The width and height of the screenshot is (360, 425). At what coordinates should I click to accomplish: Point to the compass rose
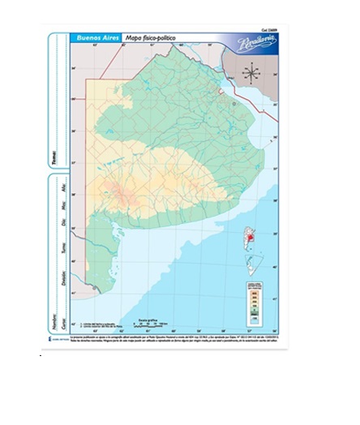pyautogui.click(x=251, y=73)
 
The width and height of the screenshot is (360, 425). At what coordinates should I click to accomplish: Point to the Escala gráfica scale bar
pyautogui.click(x=151, y=324)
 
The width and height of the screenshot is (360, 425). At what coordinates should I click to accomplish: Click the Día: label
pyautogui.click(x=54, y=219)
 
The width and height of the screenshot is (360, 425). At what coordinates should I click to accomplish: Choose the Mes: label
pyautogui.click(x=54, y=201)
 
